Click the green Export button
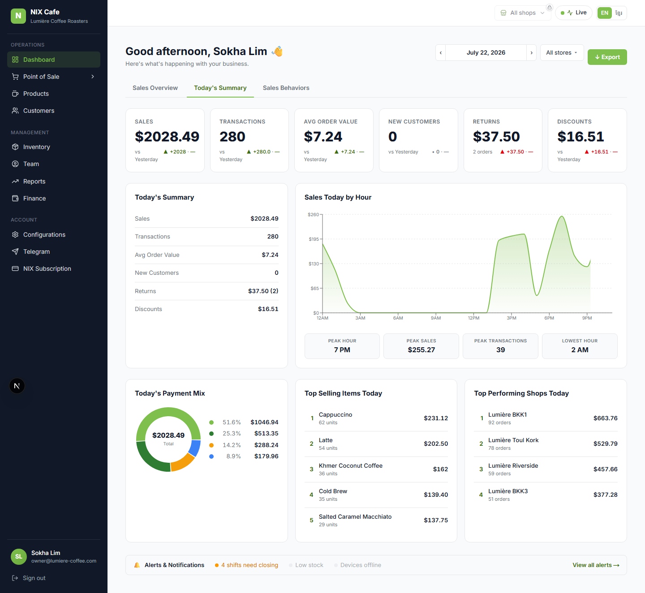click(x=607, y=57)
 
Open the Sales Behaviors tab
click(x=286, y=88)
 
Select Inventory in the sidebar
click(x=36, y=147)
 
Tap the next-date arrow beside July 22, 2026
click(x=531, y=53)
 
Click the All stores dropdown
click(x=562, y=53)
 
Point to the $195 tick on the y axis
click(x=314, y=239)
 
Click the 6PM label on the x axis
click(x=549, y=318)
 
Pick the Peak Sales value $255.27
click(x=421, y=350)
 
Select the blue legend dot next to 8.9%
click(x=211, y=456)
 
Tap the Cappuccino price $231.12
click(x=436, y=418)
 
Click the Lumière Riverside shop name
click(x=513, y=466)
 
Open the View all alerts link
click(x=596, y=565)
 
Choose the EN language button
click(x=605, y=13)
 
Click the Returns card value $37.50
click(x=496, y=137)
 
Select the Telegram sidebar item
click(x=36, y=252)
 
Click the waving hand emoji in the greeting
click(x=277, y=51)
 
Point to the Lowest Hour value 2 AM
click(x=580, y=350)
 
